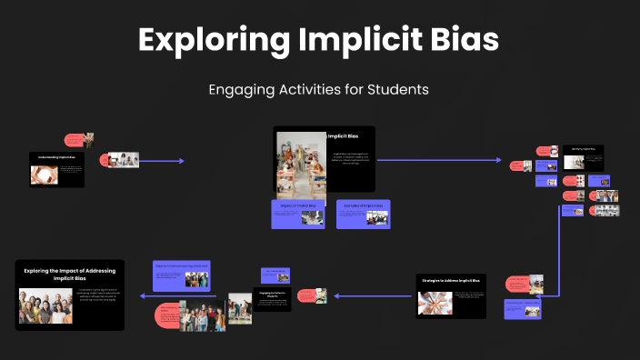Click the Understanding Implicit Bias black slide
tap(56, 169)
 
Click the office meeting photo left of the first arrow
tap(123, 160)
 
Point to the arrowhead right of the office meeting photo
tap(181, 161)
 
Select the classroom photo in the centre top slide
tap(301, 164)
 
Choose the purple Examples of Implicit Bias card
tap(363, 214)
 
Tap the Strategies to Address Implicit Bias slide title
tap(450, 280)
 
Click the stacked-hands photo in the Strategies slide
tap(435, 302)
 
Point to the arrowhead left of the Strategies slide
tap(336, 296)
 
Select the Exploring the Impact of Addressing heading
tap(69, 274)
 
